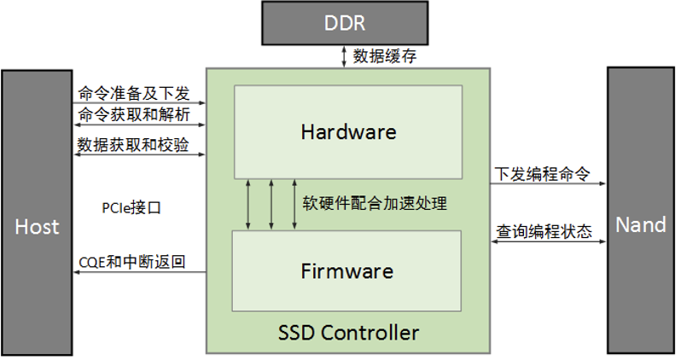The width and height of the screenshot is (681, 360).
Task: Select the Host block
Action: pos(38,226)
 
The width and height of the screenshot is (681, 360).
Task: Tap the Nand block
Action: pos(641,224)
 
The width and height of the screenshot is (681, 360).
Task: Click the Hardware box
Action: pos(348,132)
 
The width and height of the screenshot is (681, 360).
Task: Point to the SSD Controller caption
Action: pos(349,332)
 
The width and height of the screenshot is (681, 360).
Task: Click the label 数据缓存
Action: pos(380,57)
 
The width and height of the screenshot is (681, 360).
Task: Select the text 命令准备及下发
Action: pos(133,91)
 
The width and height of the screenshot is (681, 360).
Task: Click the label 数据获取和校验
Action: pos(133,144)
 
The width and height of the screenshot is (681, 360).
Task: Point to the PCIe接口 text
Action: pos(131,207)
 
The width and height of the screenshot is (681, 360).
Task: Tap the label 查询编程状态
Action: pos(544,231)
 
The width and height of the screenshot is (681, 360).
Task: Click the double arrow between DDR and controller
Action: pos(344,57)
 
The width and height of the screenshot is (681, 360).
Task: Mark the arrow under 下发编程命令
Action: pos(549,183)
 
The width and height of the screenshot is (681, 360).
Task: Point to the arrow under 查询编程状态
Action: pos(549,242)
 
